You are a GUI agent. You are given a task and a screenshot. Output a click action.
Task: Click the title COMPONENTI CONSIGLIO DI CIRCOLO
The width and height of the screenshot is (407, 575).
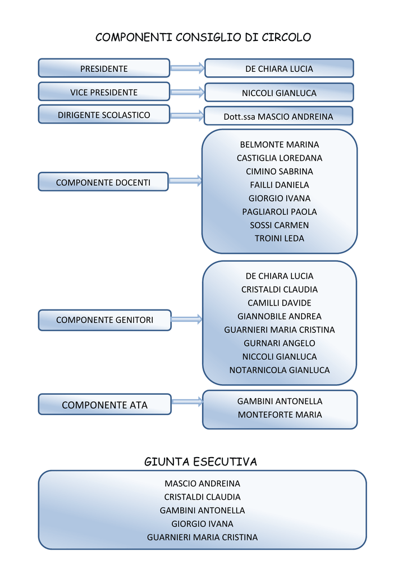tap(203, 38)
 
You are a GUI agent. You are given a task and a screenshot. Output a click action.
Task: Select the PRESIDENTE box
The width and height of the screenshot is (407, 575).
tap(104, 69)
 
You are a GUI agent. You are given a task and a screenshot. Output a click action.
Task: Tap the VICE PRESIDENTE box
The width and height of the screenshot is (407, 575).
tap(104, 92)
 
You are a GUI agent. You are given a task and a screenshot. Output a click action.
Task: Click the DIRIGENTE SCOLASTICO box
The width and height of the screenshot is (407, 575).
tap(104, 115)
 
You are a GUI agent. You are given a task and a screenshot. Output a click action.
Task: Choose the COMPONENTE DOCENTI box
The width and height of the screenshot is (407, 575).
tap(103, 182)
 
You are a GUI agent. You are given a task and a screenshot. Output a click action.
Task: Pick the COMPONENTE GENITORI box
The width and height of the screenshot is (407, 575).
tap(104, 320)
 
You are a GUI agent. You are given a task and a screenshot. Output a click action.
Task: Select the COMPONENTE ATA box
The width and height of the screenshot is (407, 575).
tap(104, 405)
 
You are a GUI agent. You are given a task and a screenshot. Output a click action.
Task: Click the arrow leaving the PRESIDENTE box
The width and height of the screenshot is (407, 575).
tap(187, 69)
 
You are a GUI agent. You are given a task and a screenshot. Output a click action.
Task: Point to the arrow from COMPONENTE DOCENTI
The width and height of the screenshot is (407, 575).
tap(185, 181)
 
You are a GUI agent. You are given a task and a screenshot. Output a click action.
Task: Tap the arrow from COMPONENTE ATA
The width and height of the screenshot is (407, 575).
tap(187, 401)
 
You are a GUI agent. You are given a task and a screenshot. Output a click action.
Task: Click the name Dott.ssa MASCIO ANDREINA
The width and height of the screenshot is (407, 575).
tap(278, 117)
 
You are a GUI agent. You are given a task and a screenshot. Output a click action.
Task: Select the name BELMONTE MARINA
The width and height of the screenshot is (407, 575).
tap(279, 145)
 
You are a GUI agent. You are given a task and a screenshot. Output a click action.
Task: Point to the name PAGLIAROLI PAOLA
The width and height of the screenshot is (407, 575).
tap(279, 212)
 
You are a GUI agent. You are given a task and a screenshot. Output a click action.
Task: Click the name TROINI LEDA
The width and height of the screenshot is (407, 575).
tap(279, 238)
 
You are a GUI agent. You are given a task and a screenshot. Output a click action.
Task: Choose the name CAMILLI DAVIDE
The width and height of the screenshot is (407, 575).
tap(279, 303)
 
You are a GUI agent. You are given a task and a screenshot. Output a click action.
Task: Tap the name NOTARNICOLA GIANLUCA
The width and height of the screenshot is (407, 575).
tap(279, 370)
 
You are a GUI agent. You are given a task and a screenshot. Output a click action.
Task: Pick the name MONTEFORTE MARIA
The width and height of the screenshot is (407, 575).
tap(280, 415)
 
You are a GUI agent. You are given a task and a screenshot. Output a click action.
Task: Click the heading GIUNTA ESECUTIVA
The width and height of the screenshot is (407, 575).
tap(200, 462)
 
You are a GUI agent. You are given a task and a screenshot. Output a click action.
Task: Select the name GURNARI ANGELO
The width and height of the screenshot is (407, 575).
tap(279, 343)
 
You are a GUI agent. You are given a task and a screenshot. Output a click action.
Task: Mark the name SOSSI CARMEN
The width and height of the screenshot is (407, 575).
tap(279, 225)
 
